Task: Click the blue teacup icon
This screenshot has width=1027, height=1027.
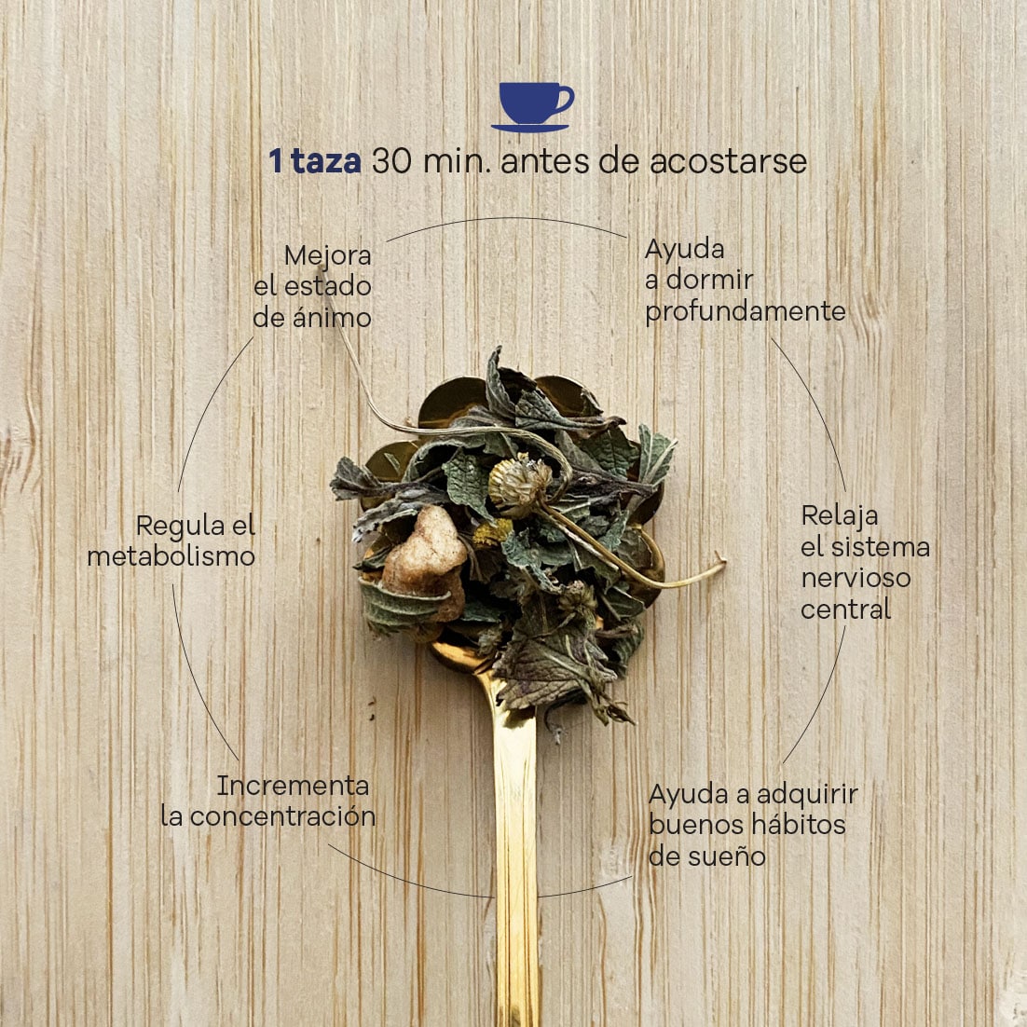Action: [x=532, y=107]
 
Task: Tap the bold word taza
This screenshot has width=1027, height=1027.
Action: [x=325, y=161]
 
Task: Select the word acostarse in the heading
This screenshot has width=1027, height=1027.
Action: [x=729, y=162]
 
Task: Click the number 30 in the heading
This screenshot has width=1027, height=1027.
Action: [x=391, y=161]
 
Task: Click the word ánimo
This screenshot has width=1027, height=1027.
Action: [x=332, y=318]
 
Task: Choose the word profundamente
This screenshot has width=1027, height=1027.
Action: [x=746, y=312]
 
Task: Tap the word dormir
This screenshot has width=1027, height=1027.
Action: [x=709, y=280]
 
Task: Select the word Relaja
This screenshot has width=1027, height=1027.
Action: [x=839, y=516]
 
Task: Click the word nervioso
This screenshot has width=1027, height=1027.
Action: [x=856, y=579]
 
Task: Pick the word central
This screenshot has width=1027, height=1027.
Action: [x=845, y=609]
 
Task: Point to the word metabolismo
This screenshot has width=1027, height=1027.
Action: [x=171, y=556]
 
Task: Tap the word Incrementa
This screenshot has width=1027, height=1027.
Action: [x=293, y=786]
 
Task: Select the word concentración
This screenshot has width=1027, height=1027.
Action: [x=283, y=816]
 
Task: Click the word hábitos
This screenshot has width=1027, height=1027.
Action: [x=798, y=826]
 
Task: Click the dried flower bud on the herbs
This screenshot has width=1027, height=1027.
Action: [x=520, y=485]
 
